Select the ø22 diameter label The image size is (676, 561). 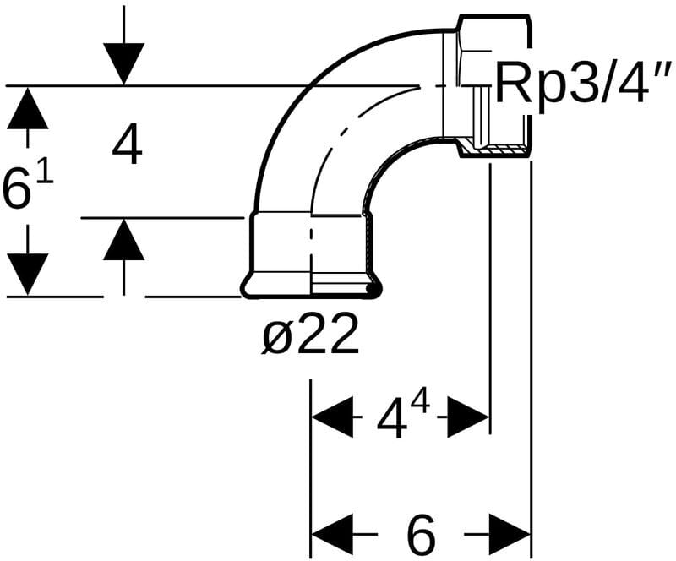310,337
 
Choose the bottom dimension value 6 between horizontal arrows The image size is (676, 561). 420,533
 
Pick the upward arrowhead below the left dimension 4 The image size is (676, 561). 123,240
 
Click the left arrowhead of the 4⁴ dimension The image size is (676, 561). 333,416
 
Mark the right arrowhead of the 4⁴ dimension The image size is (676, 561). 470,416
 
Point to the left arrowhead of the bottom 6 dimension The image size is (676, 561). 333,534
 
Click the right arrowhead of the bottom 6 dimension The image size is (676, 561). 510,534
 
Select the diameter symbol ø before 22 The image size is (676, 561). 276,338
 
